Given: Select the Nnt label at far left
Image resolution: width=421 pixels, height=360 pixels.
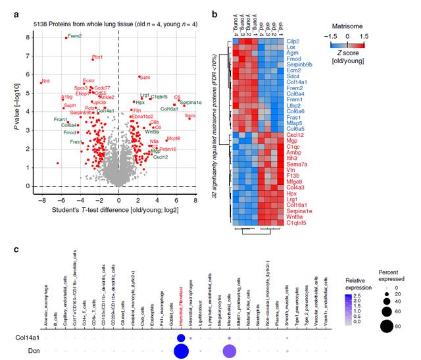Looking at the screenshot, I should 45,82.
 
